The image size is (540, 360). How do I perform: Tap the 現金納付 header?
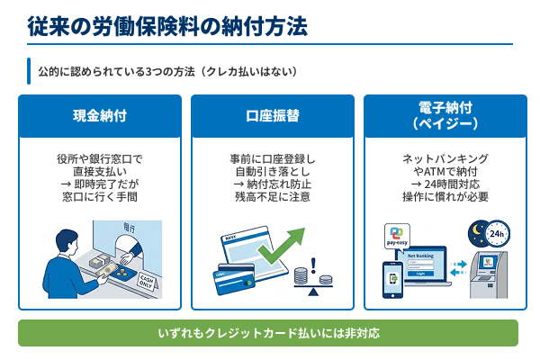click(x=99, y=116)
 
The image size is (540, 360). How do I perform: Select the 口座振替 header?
click(x=271, y=116)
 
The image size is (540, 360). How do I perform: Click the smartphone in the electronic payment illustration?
click(x=393, y=281)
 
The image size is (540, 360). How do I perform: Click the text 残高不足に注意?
click(x=271, y=195)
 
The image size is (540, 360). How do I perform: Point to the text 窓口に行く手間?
click(x=99, y=195)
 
